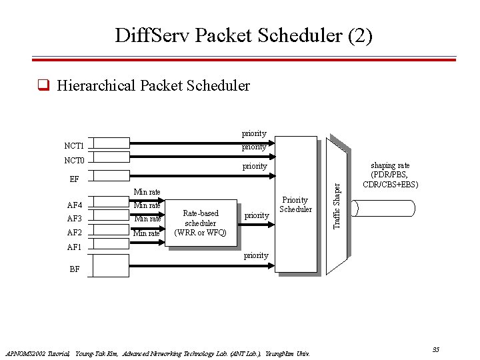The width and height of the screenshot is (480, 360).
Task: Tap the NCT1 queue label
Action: pyautogui.click(x=74, y=145)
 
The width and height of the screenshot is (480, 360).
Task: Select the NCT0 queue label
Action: pyautogui.click(x=74, y=161)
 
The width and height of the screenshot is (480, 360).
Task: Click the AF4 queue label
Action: pyautogui.click(x=74, y=205)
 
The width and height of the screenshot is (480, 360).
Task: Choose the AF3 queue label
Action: pyautogui.click(x=74, y=219)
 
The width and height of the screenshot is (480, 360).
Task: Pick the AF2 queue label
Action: pyautogui.click(x=74, y=233)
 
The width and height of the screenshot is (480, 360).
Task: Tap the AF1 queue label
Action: pyautogui.click(x=74, y=247)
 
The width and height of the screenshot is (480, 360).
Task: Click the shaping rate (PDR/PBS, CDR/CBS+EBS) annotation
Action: pyautogui.click(x=391, y=175)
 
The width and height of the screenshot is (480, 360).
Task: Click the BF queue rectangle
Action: pyautogui.click(x=110, y=265)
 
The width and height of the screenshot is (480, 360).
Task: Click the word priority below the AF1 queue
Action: pyautogui.click(x=255, y=255)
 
